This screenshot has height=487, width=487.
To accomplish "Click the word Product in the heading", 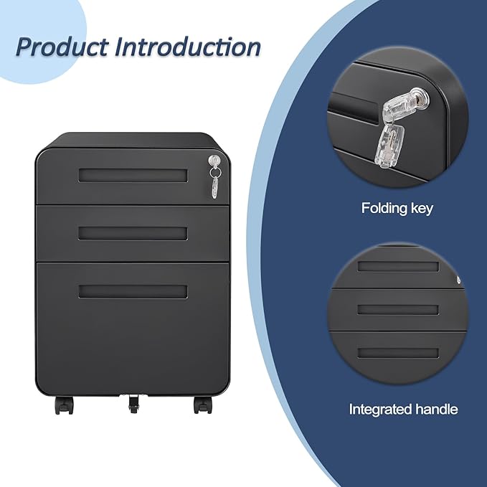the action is coord(62,47).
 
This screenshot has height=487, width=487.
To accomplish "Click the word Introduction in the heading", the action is coord(188,47).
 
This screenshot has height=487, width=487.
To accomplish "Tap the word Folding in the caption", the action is coord(384,209).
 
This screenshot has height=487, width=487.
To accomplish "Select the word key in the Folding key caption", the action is coord(422,208).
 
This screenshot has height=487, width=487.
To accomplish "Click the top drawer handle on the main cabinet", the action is coord(133,176).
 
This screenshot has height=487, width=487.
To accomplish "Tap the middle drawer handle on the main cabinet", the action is coord(133,234).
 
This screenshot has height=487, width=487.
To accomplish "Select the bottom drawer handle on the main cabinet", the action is coord(133,292).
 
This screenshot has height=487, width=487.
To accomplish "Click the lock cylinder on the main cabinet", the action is coord(214,160).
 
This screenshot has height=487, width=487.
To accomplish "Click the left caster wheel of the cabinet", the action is coord(64,405).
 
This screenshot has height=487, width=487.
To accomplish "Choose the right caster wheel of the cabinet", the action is coord(202,405).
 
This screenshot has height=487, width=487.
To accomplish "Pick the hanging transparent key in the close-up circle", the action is coord(389,146).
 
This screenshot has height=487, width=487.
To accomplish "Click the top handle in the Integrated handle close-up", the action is coord(398,266).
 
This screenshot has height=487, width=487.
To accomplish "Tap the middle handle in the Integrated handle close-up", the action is coord(398,309).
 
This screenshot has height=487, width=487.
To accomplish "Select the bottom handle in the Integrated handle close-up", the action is coord(398,353).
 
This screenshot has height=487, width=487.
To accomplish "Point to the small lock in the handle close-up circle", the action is coord(458,280).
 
